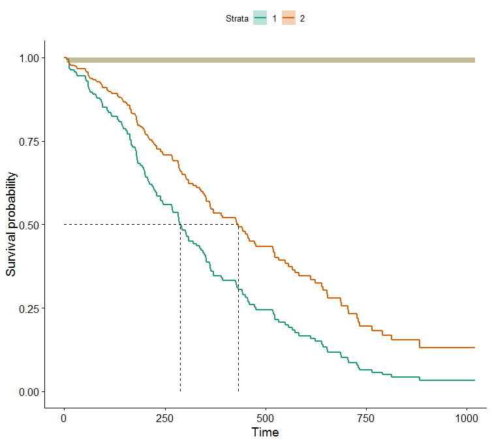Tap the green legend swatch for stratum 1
click(x=260, y=19)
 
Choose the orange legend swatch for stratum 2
click(x=288, y=19)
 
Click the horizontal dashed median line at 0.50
click(x=124, y=224)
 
